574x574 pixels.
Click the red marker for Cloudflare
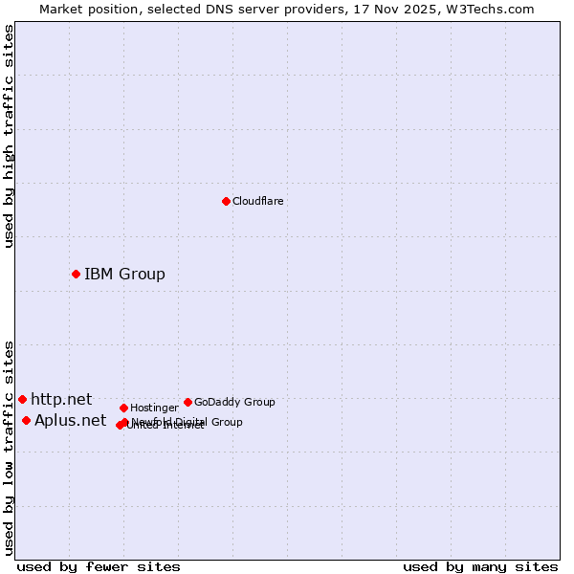click(226, 201)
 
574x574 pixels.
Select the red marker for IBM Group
click(76, 275)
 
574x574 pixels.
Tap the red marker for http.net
click(22, 399)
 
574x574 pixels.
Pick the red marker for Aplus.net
click(26, 420)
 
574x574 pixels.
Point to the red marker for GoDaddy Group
click(188, 402)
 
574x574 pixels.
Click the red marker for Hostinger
click(123, 408)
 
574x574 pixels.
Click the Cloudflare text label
click(257, 201)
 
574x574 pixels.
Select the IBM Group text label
click(124, 275)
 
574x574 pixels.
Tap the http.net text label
click(61, 399)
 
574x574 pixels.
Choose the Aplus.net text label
click(70, 420)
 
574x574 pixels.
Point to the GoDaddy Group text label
click(234, 402)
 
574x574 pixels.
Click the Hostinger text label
click(154, 408)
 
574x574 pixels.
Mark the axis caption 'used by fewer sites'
click(99, 566)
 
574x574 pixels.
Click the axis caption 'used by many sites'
click(480, 566)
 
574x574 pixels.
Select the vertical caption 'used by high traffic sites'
click(9, 136)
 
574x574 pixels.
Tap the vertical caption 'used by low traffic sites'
click(9, 448)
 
